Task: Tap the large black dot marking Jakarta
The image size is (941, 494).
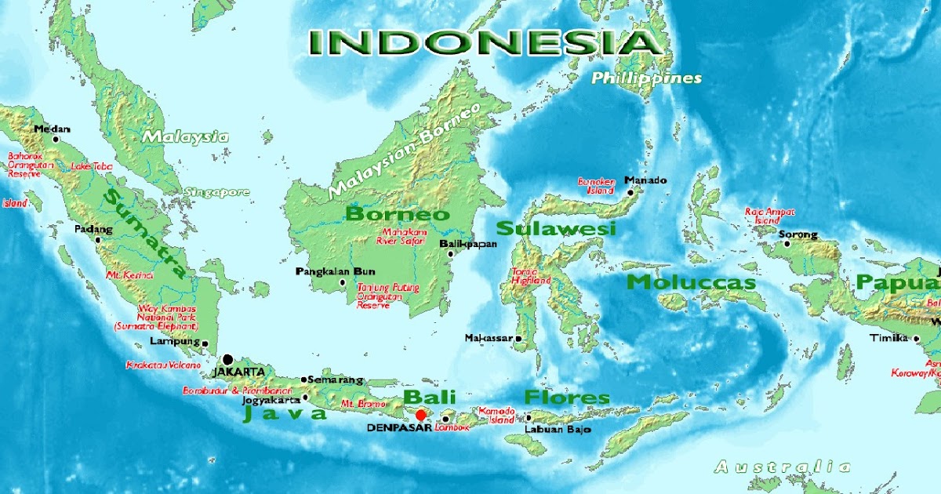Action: [x=227, y=359]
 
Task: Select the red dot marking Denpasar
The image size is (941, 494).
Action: [x=420, y=415]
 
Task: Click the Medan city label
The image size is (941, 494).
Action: [x=53, y=129]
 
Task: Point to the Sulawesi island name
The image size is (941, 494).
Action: [x=556, y=229]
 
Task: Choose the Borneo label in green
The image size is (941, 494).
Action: [x=398, y=214]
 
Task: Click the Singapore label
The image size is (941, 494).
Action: [x=216, y=192]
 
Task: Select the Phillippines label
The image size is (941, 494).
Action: [x=646, y=78]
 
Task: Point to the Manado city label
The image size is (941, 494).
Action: [x=646, y=180]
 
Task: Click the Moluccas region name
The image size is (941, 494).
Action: [x=692, y=282]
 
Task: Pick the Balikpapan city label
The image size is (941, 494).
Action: [x=469, y=244]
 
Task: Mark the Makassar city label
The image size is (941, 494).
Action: [x=488, y=338]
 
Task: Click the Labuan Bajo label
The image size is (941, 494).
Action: [x=558, y=430]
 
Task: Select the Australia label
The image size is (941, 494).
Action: [x=782, y=467]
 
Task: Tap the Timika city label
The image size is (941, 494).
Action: [x=888, y=338]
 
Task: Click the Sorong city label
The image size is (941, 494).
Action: [x=797, y=234]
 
